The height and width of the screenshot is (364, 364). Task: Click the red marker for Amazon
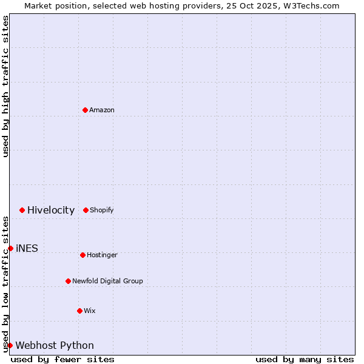[85, 110]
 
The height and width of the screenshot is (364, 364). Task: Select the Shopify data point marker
[86, 210]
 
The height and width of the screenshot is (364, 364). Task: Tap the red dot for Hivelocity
[22, 210]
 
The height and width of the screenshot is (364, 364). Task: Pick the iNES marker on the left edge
[10, 248]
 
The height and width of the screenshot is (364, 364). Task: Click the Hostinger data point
[83, 255]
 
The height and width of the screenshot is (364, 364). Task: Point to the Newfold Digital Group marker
[68, 281]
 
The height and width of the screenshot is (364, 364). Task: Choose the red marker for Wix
[79, 311]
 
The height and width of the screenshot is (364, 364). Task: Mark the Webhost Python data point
[10, 345]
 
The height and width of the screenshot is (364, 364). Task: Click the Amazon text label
[102, 110]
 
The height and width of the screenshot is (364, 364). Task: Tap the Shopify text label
[102, 210]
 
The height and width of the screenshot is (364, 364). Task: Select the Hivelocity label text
[51, 210]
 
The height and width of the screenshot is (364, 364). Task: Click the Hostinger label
[102, 255]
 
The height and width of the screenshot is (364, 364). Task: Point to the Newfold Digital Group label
[107, 281]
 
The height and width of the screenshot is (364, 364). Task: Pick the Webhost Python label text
[55, 345]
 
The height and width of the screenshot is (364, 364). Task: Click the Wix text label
[90, 311]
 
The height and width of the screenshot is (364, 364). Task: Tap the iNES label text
[27, 248]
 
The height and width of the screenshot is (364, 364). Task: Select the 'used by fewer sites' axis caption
[62, 359]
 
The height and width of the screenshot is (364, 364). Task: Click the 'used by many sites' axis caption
[305, 359]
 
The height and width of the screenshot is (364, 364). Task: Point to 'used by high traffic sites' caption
[5, 86]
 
